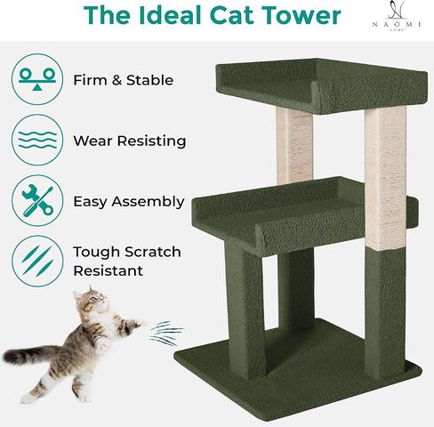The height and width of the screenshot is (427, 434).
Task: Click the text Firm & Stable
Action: pyautogui.click(x=124, y=80)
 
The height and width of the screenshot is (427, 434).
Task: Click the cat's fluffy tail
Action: pyautogui.click(x=31, y=355)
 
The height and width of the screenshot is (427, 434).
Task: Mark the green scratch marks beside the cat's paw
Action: pyautogui.click(x=162, y=334)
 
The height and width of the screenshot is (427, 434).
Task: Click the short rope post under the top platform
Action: pyautogui.click(x=293, y=142)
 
